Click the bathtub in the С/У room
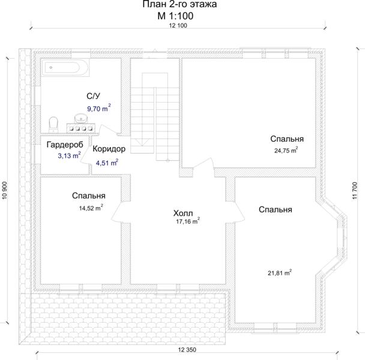pos(65,67)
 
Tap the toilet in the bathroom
pos(53,124)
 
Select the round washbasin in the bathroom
pos(81,118)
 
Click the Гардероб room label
pos(65,145)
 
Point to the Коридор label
pos(109,149)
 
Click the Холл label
pos(183,213)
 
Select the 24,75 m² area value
pos(286,151)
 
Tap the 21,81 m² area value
pos(280,272)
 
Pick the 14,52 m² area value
pos(91,208)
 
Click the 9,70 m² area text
pos(99,108)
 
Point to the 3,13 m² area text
pos(70,155)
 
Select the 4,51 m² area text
pos(107,163)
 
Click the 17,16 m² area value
pos(188,221)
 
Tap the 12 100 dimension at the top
pos(178,26)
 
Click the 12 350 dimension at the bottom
pos(187,350)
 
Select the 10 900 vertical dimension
pos(5,190)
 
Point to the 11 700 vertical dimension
pos(355,190)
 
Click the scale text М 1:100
pos(175,16)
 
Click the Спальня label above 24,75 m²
pos(287,139)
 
